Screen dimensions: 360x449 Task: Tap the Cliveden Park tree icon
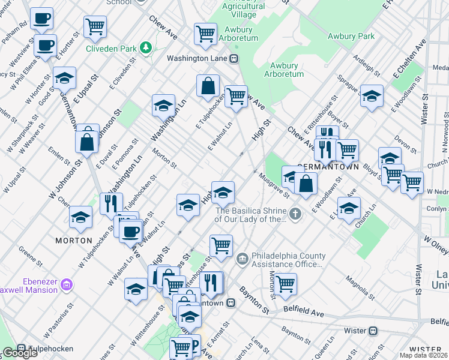[x=145, y=47]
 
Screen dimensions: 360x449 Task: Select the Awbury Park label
[x=351, y=37]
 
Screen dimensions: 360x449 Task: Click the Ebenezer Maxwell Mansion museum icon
[x=66, y=284]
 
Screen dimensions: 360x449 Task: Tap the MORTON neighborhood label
[x=73, y=240]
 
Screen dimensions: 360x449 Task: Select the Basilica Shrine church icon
[x=295, y=213]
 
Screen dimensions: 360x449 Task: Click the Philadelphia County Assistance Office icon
[x=242, y=259]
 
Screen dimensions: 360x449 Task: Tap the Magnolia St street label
[x=360, y=287]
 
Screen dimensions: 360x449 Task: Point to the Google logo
[x=20, y=353]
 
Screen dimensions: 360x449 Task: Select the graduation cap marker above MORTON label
[x=80, y=218]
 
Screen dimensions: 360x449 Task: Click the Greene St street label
[x=26, y=251]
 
